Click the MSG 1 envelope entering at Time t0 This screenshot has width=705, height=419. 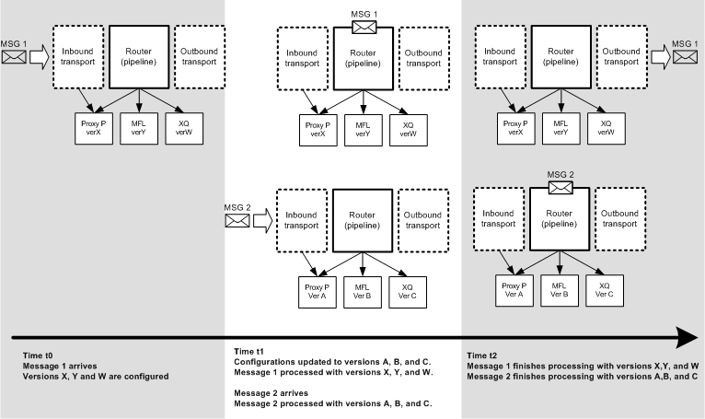point(14,58)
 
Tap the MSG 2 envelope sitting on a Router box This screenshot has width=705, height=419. point(561,187)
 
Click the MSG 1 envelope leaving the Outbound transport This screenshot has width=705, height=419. point(685,58)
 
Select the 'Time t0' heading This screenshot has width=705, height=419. point(36,355)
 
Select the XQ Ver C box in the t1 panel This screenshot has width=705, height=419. point(407,290)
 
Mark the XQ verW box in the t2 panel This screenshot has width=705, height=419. point(605,127)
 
